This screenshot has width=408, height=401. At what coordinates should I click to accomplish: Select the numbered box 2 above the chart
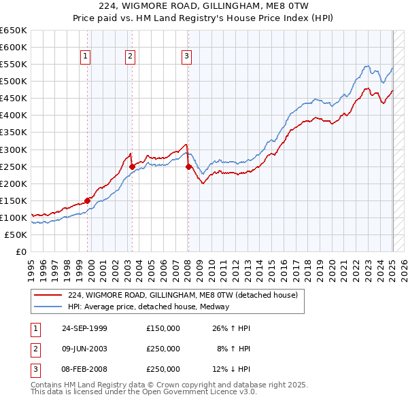pos(129,57)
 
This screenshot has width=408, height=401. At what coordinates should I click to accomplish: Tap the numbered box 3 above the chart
pos(186,57)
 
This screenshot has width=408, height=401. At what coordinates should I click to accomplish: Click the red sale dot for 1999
pos(88,201)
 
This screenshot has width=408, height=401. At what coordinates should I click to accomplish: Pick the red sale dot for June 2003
pos(132,166)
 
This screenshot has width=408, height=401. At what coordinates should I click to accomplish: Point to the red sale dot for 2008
pos(188,166)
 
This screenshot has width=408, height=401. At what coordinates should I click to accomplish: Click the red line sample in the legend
pos(48,296)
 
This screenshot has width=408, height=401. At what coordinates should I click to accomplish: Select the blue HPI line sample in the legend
pos(48,307)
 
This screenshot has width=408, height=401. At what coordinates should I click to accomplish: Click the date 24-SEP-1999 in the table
pos(84,328)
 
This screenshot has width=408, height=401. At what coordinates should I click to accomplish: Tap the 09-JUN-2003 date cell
pos(84,349)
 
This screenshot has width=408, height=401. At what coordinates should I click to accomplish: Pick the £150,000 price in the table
pos(163,328)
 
